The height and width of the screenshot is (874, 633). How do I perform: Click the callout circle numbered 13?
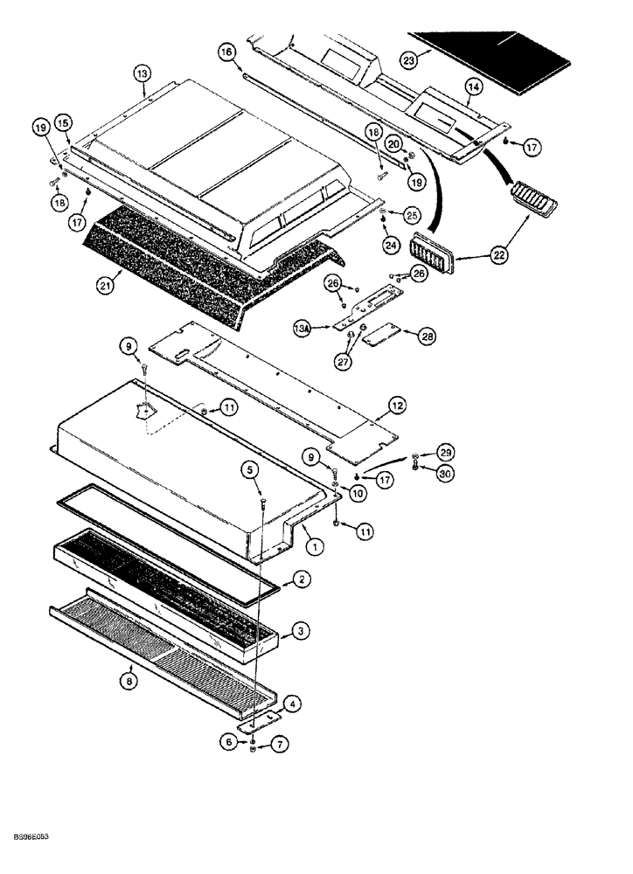[143, 75]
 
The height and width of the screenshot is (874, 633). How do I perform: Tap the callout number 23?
[408, 59]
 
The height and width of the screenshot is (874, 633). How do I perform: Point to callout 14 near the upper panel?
[473, 87]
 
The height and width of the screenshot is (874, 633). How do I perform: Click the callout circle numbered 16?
[226, 53]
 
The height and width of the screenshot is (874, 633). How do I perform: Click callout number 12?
[398, 405]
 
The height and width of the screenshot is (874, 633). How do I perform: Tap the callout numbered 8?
[130, 681]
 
